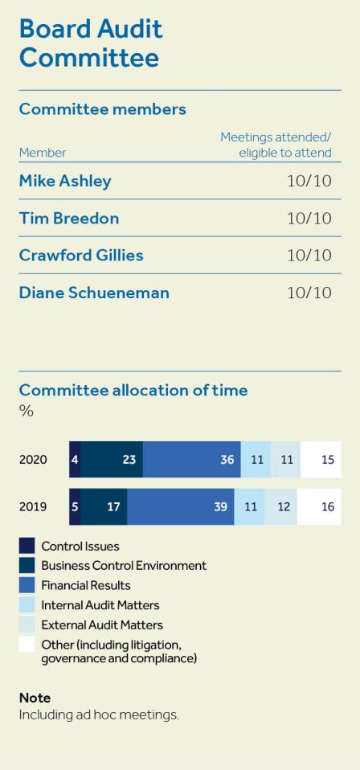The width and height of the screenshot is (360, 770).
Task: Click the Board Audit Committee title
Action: pos(90,43)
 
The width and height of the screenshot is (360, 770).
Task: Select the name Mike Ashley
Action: pos(65,181)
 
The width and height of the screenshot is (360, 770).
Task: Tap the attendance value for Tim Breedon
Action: pos(309,219)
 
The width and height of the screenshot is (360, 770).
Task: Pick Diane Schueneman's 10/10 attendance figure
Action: pos(309,293)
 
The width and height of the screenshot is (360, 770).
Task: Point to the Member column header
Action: pos(43,152)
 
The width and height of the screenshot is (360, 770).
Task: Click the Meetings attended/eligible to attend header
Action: pos(276,145)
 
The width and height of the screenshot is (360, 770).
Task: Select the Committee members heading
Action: pos(102,109)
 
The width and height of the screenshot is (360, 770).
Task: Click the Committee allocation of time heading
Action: pos(133,390)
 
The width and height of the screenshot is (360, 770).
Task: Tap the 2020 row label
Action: pos(33,460)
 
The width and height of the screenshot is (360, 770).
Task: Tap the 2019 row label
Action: pos(33,507)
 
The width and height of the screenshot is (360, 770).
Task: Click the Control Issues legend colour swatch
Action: pos(27,547)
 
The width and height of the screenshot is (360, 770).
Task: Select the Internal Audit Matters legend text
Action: pos(100,605)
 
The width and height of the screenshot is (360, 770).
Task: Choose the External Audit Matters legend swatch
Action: pos(27,625)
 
